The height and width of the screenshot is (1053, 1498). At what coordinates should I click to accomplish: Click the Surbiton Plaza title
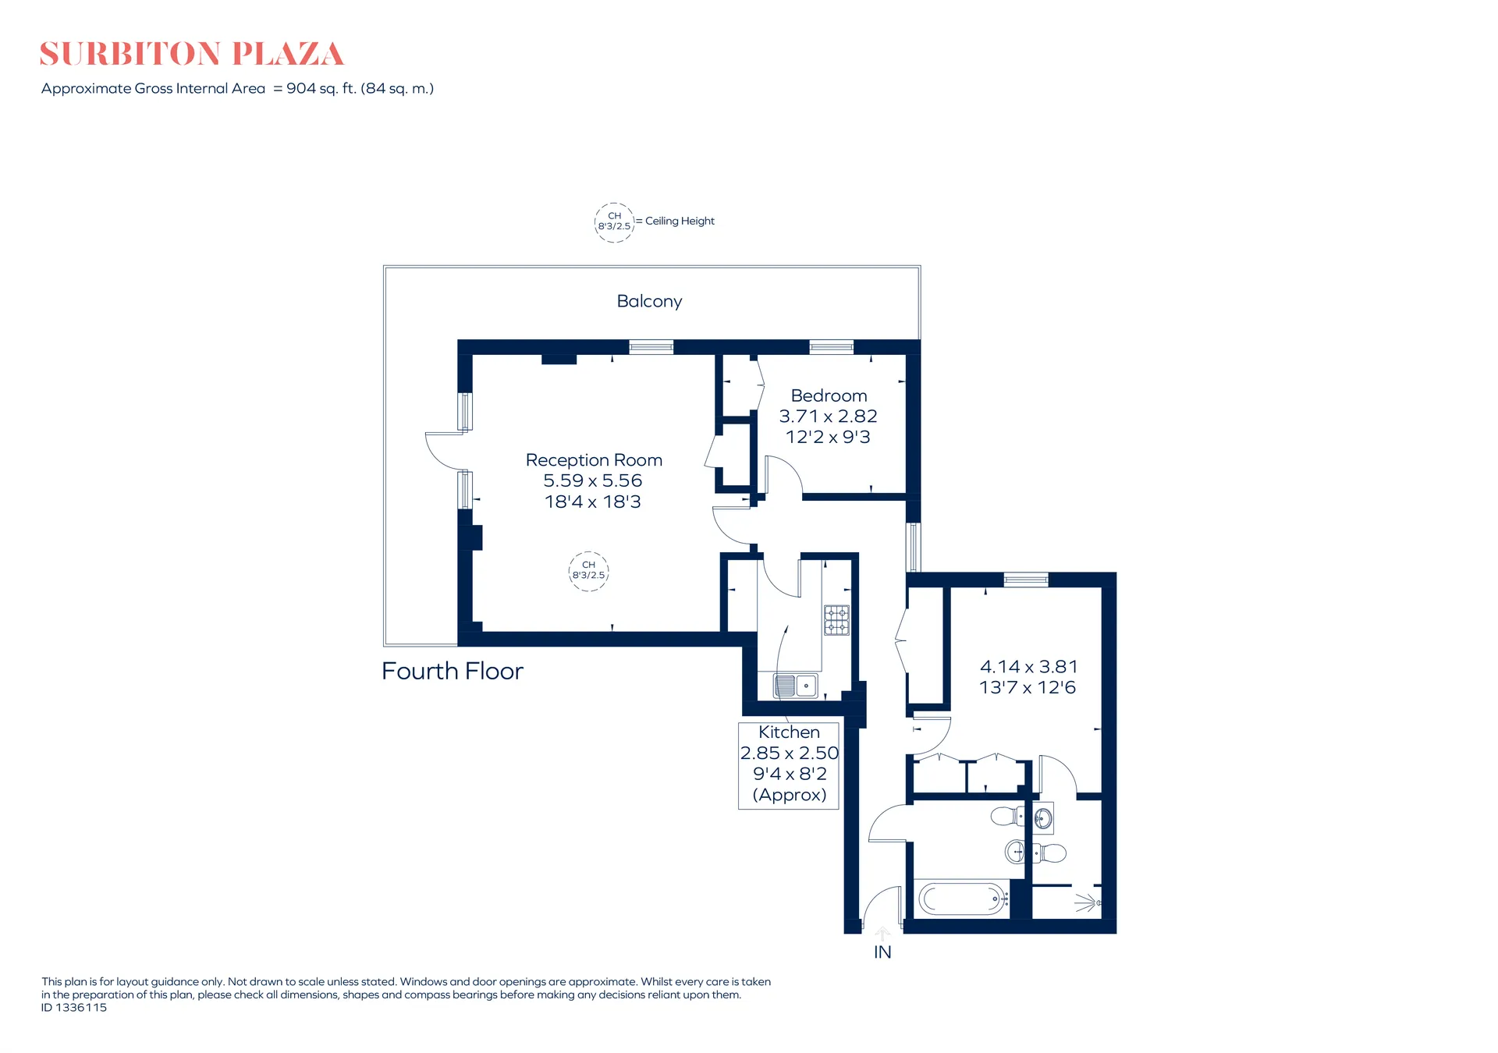pyautogui.click(x=191, y=54)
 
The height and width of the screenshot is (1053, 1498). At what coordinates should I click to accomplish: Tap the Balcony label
pyautogui.click(x=649, y=301)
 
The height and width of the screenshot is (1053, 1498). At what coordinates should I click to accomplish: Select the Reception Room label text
pyautogui.click(x=594, y=460)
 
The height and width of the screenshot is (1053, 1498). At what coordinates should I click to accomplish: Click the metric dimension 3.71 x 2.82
pyautogui.click(x=828, y=417)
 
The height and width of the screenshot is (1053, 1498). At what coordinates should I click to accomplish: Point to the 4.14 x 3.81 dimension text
pyautogui.click(x=1028, y=667)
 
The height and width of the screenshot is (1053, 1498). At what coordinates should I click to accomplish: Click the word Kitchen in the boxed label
pyautogui.click(x=789, y=732)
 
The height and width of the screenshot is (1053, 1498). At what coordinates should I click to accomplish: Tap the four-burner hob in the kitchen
pyautogui.click(x=836, y=620)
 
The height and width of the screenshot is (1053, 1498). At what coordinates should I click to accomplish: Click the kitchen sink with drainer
pyautogui.click(x=795, y=686)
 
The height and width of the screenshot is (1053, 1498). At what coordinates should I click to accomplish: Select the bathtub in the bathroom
pyautogui.click(x=963, y=899)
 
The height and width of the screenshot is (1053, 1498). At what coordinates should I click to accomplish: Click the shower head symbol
pyautogui.click(x=1088, y=903)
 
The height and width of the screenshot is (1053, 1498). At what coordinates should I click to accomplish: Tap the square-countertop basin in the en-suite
pyautogui.click(x=1043, y=818)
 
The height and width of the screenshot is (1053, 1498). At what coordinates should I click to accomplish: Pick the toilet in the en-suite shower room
pyautogui.click(x=1050, y=853)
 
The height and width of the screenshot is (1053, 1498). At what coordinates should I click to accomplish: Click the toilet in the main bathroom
pyautogui.click(x=1007, y=817)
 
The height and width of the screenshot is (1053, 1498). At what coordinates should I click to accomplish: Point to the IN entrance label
pyautogui.click(x=882, y=952)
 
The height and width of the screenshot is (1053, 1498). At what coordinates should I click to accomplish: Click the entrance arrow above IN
pyautogui.click(x=882, y=934)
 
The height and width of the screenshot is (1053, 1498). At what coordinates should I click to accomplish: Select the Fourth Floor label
pyautogui.click(x=453, y=671)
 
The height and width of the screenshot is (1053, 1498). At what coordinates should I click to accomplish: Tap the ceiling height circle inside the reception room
pyautogui.click(x=589, y=571)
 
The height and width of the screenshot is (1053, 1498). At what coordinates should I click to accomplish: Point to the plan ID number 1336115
pyautogui.click(x=81, y=1008)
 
